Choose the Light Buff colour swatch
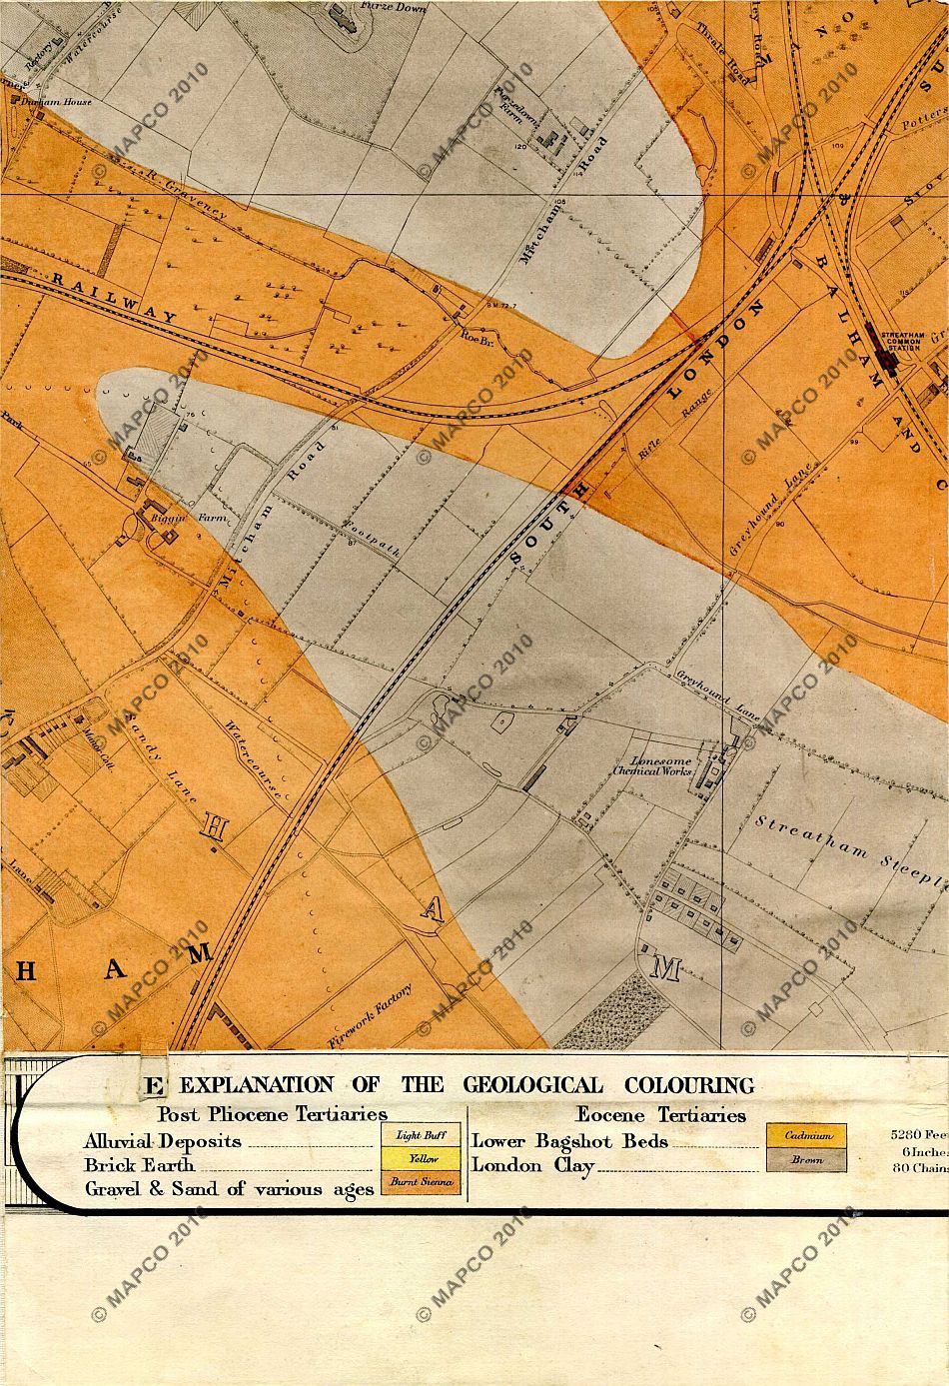pos(422,1135)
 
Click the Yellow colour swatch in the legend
pos(422,1159)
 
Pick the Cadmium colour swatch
pos(807,1136)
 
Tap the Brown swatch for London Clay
pos(807,1160)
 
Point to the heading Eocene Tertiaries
pos(660,1114)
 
